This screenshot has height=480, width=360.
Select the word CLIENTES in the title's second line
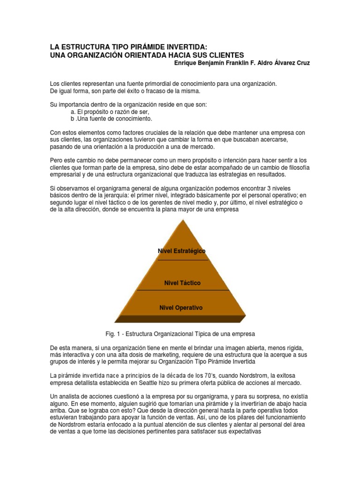click(x=225, y=55)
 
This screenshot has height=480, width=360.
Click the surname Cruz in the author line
click(x=300, y=63)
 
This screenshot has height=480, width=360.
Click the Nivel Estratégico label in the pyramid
click(x=182, y=251)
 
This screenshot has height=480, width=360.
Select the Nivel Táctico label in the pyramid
click(x=182, y=283)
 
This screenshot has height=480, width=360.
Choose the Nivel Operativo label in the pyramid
click(x=181, y=308)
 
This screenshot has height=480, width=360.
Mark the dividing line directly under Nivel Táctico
click(x=182, y=290)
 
